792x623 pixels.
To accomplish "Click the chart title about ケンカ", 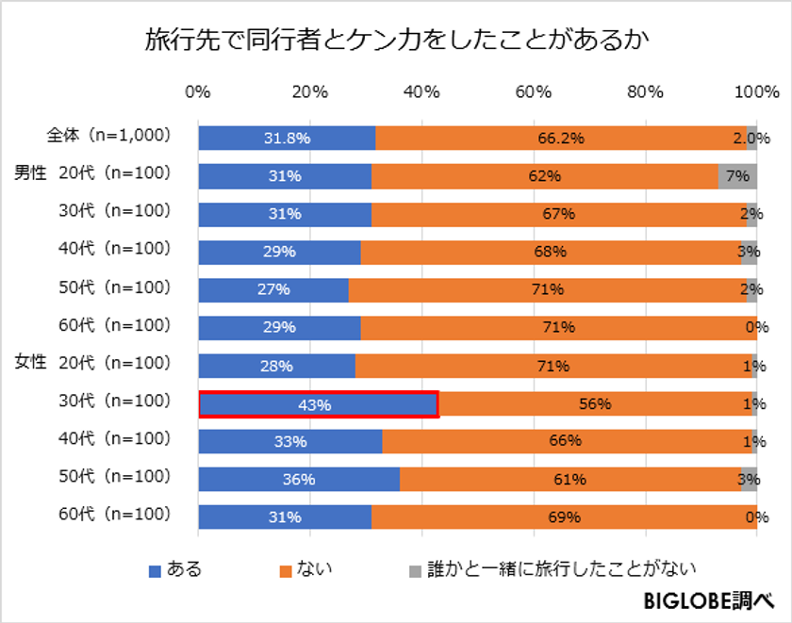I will (396, 41).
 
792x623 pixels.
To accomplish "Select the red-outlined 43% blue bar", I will (318, 404).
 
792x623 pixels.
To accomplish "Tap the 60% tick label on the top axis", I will (534, 93).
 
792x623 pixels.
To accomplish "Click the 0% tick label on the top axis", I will (198, 93).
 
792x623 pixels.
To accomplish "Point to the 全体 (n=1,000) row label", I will (109, 135).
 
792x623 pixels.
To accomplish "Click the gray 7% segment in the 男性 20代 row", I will (737, 176).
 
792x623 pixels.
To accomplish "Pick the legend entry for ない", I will (305, 568).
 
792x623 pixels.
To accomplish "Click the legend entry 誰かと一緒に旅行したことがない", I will (552, 568).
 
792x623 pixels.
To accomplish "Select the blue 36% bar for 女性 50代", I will (299, 480).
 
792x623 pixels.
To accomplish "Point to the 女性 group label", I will (30, 362).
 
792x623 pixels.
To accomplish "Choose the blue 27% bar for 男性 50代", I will (273, 289).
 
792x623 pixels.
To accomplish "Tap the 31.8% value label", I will (287, 139).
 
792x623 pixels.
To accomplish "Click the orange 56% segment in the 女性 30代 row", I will (596, 404).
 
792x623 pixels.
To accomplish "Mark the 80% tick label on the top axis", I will (646, 93).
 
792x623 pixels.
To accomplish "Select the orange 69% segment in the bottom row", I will (564, 517).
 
